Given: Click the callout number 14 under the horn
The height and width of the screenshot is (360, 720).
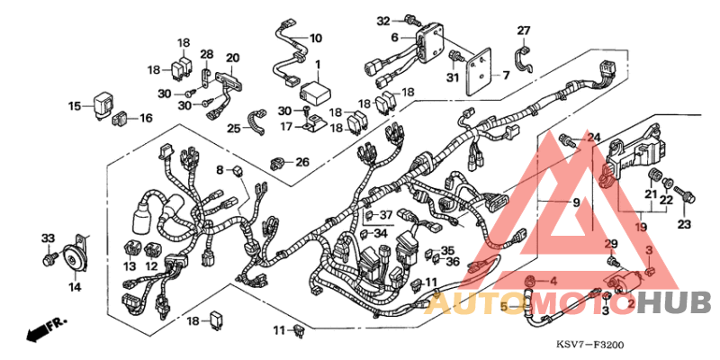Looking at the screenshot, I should tap(74, 286).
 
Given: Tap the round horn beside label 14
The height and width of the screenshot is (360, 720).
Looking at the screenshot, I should tap(67, 260).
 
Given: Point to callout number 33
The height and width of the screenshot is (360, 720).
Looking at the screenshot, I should tap(48, 238).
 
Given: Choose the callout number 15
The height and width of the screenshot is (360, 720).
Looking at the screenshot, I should tap(75, 106).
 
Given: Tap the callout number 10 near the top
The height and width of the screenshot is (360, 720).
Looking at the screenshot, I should tap(315, 39).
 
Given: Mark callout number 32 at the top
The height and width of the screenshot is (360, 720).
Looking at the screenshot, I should tap(382, 20).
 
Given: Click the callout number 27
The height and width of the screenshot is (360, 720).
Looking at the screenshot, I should tap(524, 31).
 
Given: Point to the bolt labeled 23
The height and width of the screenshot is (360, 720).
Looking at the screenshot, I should tap(687, 193).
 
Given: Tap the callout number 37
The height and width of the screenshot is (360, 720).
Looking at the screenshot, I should tap(385, 215).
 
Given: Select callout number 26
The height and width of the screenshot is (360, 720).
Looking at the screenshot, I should tap(301, 162).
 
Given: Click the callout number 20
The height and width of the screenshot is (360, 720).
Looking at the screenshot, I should tap(232, 58).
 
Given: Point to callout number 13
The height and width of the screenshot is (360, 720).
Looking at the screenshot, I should tap(129, 266).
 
